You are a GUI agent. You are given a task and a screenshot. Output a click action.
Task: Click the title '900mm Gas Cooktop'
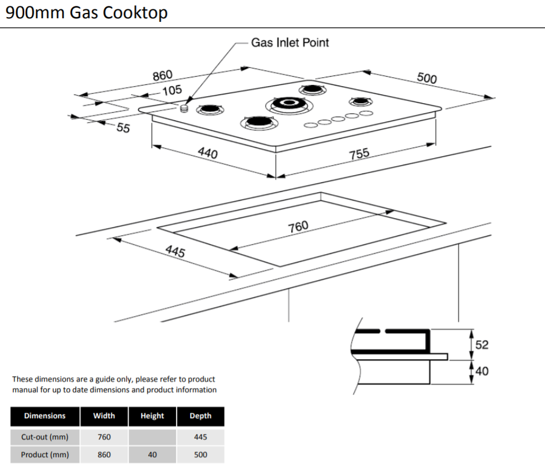click(86, 12)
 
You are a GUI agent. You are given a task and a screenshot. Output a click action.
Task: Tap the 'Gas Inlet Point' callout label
click(290, 42)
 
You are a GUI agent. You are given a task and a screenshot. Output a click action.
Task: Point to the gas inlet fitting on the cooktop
click(185, 107)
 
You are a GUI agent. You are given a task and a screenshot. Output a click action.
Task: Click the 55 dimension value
click(122, 127)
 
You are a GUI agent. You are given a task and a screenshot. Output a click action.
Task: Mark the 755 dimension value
click(359, 153)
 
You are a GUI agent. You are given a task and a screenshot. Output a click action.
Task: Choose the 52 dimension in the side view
click(482, 344)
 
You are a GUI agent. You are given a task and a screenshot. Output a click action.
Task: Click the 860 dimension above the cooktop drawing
click(162, 75)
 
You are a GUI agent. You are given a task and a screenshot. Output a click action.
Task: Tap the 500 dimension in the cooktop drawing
click(426, 78)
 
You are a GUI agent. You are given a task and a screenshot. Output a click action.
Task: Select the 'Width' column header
click(104, 416)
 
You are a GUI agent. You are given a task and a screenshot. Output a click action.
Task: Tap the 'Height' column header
click(152, 416)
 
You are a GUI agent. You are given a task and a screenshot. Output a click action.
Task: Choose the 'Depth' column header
click(200, 416)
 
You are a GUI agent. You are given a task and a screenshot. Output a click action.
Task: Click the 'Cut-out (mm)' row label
click(45, 437)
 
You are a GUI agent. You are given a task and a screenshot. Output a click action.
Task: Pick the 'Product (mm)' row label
click(45, 455)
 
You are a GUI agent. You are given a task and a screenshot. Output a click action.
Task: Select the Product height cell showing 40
click(152, 455)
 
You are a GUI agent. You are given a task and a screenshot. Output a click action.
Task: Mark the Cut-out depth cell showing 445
click(200, 437)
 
